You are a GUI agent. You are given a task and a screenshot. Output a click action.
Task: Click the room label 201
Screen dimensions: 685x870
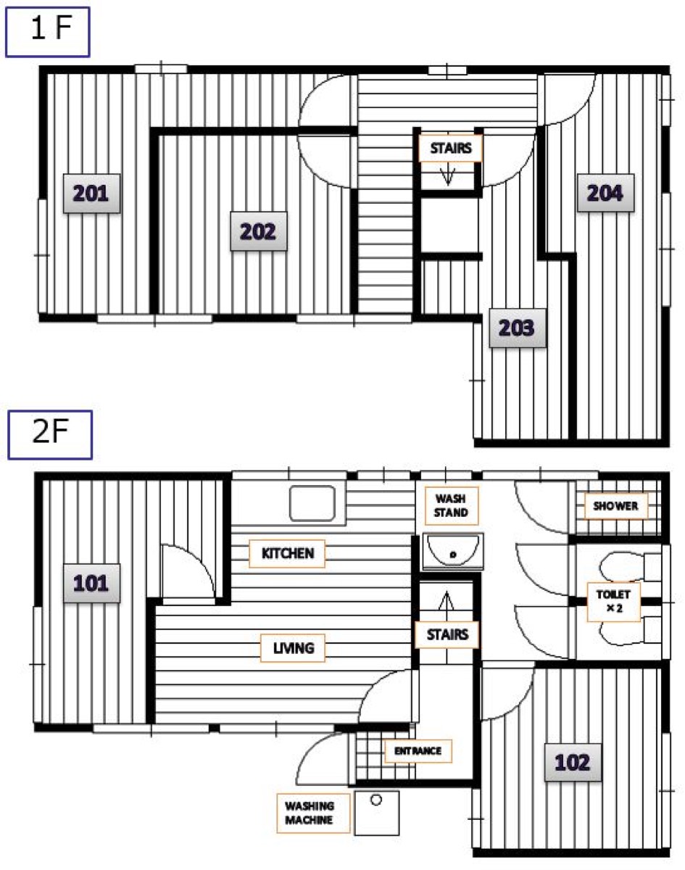point(91,194)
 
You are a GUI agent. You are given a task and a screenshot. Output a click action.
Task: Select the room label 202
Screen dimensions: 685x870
point(258,231)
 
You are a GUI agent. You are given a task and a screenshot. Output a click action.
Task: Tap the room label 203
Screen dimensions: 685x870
point(517,328)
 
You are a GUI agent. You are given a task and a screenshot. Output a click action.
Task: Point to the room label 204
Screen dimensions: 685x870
point(605,193)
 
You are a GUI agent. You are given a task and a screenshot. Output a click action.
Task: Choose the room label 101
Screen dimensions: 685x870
point(91,584)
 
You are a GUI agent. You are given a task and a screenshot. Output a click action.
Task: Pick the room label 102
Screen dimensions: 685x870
point(573,763)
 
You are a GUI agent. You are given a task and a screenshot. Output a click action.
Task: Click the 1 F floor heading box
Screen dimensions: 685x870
point(48,32)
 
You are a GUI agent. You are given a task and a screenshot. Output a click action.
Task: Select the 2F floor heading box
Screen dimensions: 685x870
point(50,434)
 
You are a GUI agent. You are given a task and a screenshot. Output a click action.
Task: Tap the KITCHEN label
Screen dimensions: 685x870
point(287,553)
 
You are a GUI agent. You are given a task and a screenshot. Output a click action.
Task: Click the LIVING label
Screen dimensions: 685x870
point(293,648)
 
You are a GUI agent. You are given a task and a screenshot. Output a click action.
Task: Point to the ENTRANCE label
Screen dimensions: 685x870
point(418,751)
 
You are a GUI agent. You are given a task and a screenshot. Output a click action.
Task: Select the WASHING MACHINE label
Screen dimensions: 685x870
point(313,813)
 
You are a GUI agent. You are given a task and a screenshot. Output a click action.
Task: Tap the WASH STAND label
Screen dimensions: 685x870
point(452,506)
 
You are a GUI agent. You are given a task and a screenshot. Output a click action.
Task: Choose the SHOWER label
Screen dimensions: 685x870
point(616,506)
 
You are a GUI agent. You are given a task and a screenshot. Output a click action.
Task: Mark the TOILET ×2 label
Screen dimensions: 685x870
point(613,602)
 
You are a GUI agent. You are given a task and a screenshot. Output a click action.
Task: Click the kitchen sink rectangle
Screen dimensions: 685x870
point(312,503)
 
